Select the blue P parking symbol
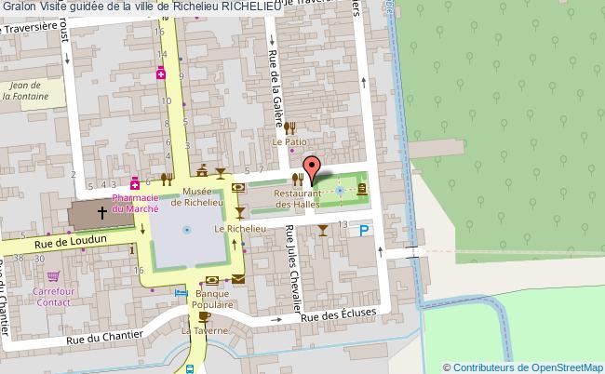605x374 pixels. click(x=365, y=231)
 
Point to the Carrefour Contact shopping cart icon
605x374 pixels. click(x=53, y=275)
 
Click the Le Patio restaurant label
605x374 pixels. click(x=289, y=141)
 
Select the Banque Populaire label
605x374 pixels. click(x=212, y=298)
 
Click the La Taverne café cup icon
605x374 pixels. click(x=203, y=317)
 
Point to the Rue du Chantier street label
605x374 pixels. click(x=104, y=335)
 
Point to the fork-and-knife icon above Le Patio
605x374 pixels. click(x=290, y=127)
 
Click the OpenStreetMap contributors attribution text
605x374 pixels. click(x=523, y=367)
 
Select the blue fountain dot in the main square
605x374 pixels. click(x=187, y=229)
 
